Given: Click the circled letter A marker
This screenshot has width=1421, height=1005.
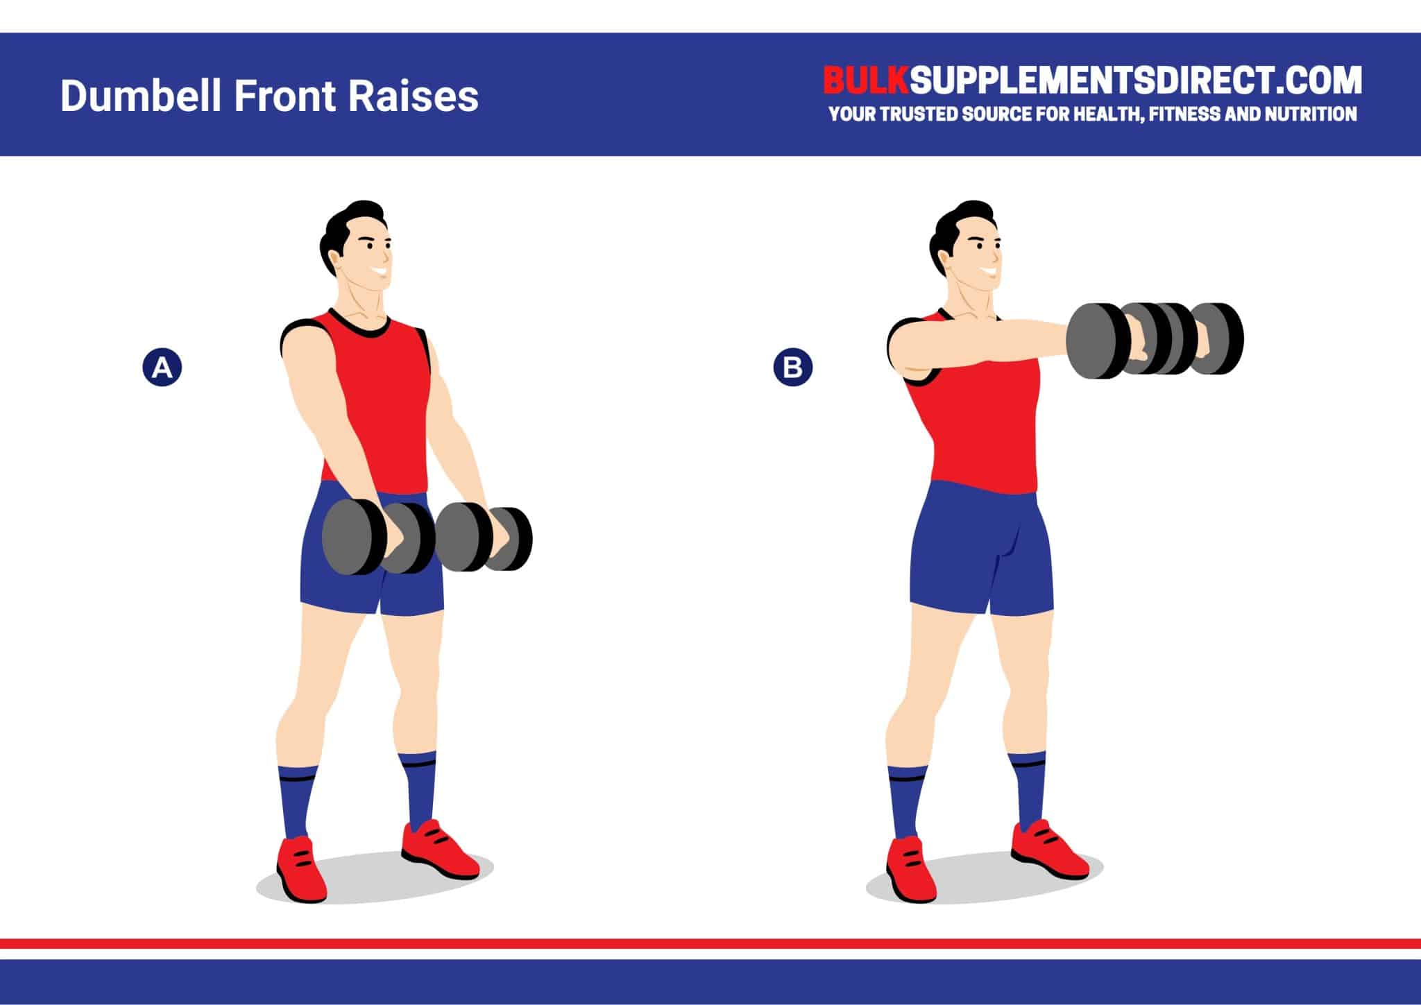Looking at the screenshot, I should click(162, 367).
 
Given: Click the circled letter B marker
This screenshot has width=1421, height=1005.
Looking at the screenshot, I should click(792, 367).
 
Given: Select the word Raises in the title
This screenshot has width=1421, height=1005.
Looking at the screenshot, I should click(414, 96).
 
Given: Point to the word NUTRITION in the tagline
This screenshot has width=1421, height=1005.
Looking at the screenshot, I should click(1310, 114).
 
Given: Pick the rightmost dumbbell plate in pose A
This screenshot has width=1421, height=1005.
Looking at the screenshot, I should click(513, 539).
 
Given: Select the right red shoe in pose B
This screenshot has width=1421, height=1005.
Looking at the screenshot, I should click(1048, 850).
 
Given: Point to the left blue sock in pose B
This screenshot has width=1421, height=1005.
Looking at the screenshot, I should click(904, 801).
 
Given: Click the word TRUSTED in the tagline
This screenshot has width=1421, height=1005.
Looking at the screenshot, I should click(923, 114).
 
